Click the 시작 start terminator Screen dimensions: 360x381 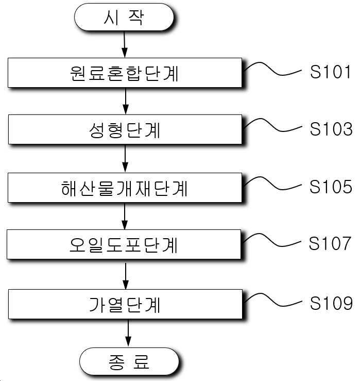124,17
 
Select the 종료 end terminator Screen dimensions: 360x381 129,361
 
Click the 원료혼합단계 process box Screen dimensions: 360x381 125,73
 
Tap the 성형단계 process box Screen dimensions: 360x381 125,129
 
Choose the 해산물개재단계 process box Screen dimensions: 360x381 125,188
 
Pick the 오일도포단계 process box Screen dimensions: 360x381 124,244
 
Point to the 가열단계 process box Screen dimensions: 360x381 125,304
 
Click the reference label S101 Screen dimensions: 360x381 330,72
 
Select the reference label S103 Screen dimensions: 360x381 331,129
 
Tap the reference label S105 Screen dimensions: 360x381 331,187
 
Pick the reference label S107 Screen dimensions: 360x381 330,243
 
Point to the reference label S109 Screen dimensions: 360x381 331,303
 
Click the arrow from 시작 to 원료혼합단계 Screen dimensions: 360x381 124,44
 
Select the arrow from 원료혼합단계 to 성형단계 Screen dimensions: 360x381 126,101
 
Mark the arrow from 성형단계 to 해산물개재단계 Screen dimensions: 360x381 125,159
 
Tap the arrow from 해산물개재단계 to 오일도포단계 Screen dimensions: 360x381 125,216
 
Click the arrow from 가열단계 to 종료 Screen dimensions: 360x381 128,334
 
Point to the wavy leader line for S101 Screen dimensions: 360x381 272,69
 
